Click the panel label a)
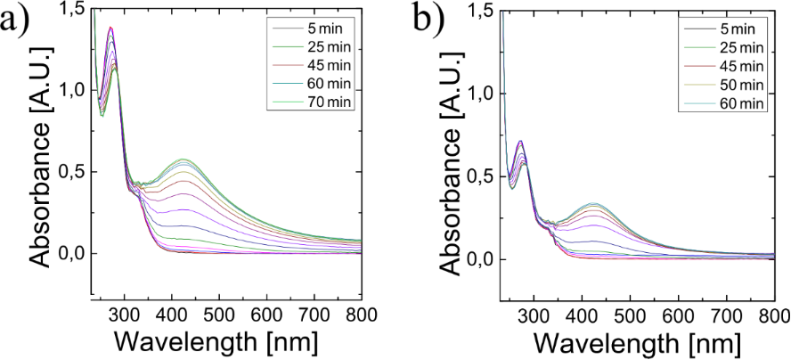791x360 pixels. click(20, 22)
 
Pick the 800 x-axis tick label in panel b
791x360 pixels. click(770, 315)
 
